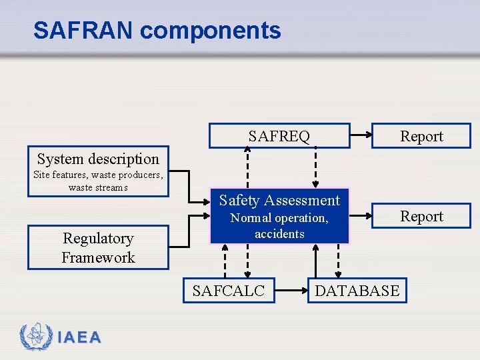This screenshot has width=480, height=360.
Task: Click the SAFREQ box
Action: click(x=279, y=136)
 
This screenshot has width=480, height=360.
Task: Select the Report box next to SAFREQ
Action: click(x=421, y=136)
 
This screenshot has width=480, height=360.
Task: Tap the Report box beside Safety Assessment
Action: click(x=421, y=216)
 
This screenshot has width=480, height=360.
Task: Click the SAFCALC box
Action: click(x=229, y=290)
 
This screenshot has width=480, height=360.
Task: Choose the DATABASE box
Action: click(x=357, y=290)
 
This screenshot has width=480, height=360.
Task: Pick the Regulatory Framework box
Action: click(x=98, y=248)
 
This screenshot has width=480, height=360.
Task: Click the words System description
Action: click(x=98, y=159)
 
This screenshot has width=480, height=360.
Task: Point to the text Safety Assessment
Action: click(x=279, y=200)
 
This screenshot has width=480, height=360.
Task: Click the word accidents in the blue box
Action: click(x=279, y=234)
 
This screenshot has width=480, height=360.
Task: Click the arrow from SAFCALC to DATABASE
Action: click(x=291, y=290)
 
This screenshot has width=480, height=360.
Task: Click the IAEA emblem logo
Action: click(x=35, y=337)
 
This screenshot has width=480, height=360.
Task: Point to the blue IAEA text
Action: click(x=79, y=338)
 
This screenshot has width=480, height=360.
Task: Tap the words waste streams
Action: click(x=98, y=187)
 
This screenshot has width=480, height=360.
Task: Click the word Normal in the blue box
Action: click(x=249, y=218)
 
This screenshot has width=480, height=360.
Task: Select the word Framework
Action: click(x=98, y=257)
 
